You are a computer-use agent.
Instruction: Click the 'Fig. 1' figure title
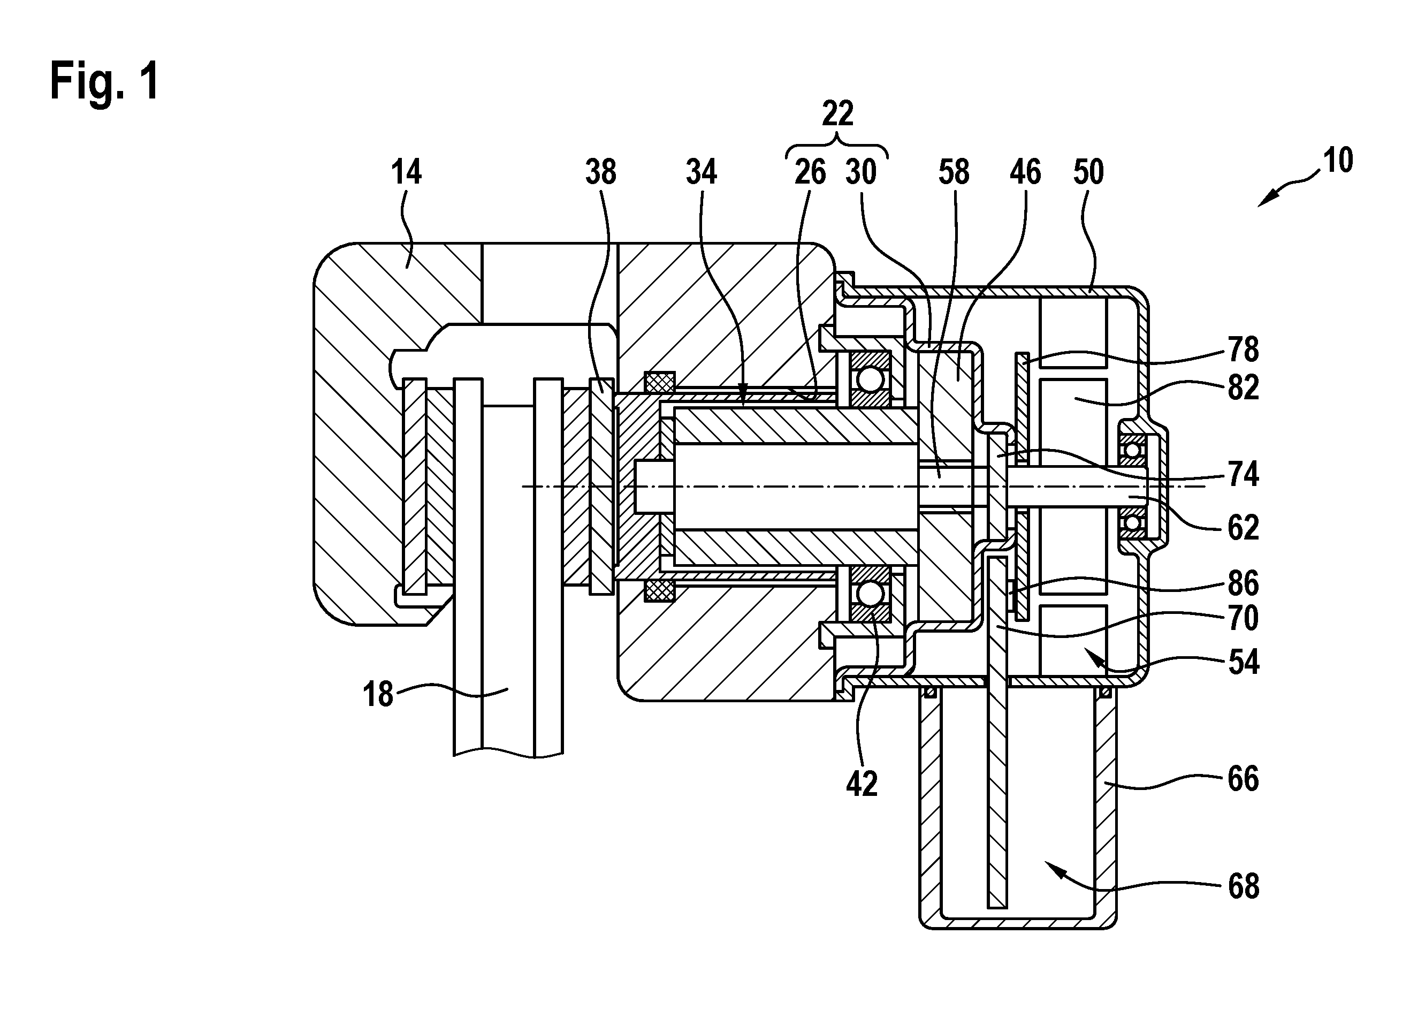coord(105,82)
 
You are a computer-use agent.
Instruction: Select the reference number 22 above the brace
coord(837,114)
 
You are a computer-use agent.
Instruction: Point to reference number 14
coord(406,172)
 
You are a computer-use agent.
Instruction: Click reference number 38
coord(600,172)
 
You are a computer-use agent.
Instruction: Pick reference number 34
coord(702,172)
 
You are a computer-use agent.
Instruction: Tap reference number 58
coord(954,172)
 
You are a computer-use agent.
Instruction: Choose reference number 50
coord(1088,172)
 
